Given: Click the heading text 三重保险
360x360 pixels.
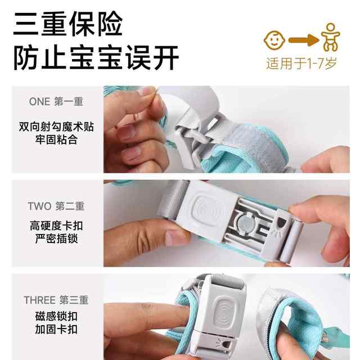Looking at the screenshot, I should [67, 24].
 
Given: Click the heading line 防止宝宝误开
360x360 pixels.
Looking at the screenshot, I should [96, 57].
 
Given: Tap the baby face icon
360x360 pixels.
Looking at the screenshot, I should [275, 39].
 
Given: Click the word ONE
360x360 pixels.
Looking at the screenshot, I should [39, 102].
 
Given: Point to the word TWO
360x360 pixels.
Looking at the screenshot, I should [39, 206].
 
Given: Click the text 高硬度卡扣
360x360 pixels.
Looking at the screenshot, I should [56, 226].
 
